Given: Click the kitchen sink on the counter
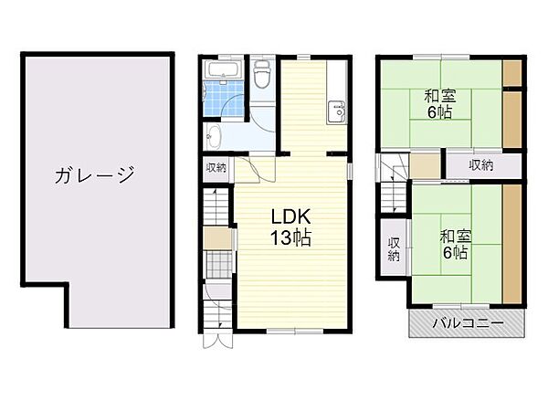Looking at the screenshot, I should [x=334, y=113].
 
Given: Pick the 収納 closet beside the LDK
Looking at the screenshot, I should [x=216, y=167].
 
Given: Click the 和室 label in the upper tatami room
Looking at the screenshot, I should [x=440, y=95].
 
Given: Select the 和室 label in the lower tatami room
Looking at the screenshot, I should [x=454, y=236].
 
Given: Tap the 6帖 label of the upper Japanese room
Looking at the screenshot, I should [x=440, y=113].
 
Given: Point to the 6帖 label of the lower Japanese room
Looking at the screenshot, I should [x=454, y=254].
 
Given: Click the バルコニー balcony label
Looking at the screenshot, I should [x=468, y=323].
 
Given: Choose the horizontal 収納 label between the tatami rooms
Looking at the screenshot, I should [x=481, y=165].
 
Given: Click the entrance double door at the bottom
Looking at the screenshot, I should [x=219, y=339].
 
